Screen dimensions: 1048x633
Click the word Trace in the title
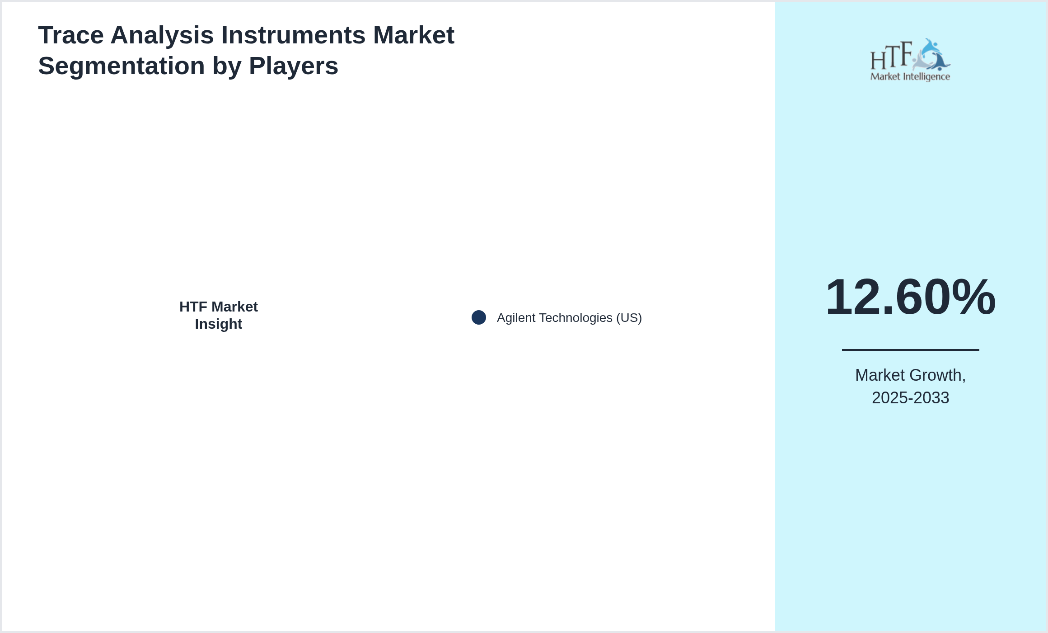click(71, 35)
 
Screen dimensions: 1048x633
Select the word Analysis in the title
click(162, 35)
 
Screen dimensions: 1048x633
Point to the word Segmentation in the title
click(122, 66)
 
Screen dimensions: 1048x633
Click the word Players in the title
click(294, 66)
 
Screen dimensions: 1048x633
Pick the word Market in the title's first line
click(414, 35)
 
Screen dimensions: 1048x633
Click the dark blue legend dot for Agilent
click(479, 317)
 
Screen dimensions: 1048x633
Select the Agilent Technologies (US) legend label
click(569, 318)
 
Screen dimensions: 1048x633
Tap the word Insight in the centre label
click(219, 324)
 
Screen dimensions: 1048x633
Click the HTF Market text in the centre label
click(219, 307)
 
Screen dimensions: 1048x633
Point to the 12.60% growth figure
click(911, 297)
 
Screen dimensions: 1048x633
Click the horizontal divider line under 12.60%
click(911, 350)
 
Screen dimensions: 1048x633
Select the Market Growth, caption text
click(911, 375)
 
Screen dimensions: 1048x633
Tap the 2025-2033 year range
click(911, 398)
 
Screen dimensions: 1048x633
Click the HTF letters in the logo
click(891, 56)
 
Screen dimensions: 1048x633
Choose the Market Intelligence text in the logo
click(910, 77)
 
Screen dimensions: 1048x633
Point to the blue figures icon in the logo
click(931, 55)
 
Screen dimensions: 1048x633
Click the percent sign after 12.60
click(973, 297)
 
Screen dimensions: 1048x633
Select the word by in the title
click(227, 66)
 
